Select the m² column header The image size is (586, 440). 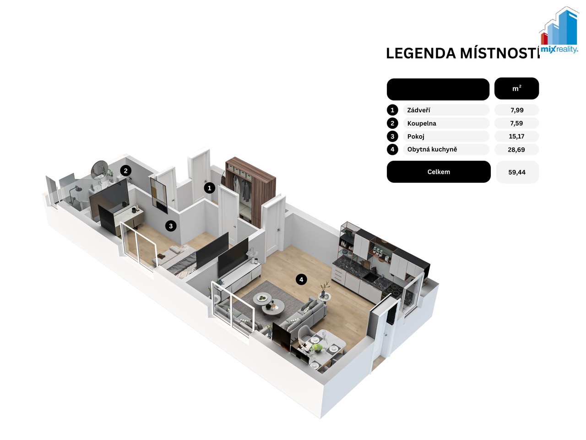click(x=516, y=88)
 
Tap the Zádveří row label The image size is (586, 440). click(x=418, y=110)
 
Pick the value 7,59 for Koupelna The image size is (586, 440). click(x=516, y=123)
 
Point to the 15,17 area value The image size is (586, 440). click(x=516, y=136)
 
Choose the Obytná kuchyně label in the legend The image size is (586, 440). click(x=432, y=149)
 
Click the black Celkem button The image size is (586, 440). click(x=439, y=172)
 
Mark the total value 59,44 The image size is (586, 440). click(x=517, y=172)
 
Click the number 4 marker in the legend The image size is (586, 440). click(x=392, y=149)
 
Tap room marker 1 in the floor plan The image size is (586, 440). click(x=210, y=188)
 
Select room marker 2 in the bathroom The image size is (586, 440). click(x=126, y=171)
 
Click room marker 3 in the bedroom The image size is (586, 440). click(x=171, y=225)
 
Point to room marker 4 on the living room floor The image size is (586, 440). click(x=301, y=279)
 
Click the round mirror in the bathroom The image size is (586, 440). click(x=99, y=170)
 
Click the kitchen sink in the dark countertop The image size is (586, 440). click(x=371, y=277)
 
